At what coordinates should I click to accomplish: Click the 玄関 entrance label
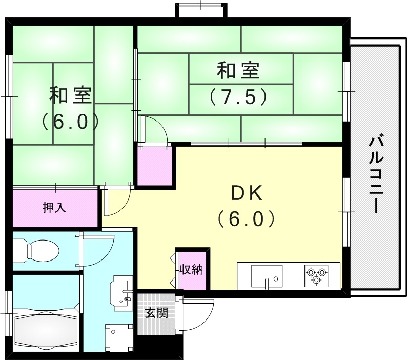(156, 312)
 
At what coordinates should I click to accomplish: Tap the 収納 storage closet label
(191, 270)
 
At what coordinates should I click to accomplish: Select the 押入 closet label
(54, 208)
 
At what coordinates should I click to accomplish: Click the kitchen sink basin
(267, 276)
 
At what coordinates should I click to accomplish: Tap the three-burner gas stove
(316, 275)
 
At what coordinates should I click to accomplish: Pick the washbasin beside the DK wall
(122, 292)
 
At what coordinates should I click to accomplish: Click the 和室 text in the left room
(70, 95)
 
